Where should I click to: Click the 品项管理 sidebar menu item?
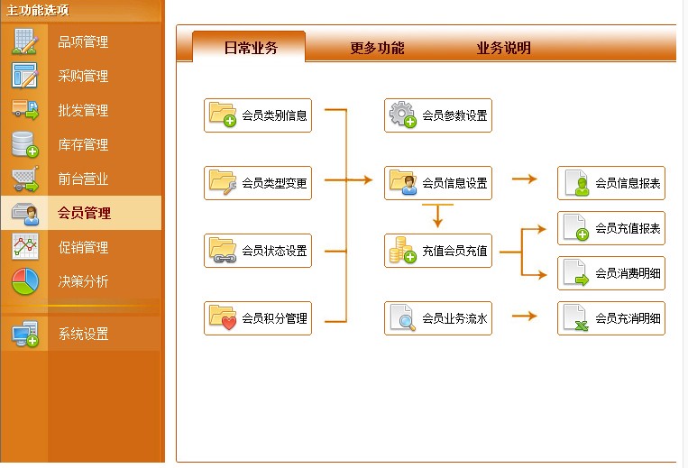coord(82,42)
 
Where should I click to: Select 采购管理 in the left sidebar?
coord(82,77)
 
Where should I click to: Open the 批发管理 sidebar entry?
coord(82,111)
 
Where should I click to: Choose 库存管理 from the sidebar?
coord(82,145)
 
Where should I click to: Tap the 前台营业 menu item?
coord(82,179)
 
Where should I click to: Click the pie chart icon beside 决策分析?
coord(25,281)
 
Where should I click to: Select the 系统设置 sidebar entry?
coord(82,335)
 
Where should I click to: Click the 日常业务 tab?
coord(250,48)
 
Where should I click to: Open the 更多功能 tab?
coord(377,48)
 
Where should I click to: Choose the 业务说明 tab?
coord(503,48)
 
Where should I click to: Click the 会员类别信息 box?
coord(258,115)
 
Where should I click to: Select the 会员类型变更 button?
coord(258,183)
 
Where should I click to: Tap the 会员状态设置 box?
coord(258,251)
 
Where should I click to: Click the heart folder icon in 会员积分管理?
coord(223,317)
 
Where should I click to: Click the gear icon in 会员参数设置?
coord(402,115)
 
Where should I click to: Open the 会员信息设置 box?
coord(438,183)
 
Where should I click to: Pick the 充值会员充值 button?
coord(438,251)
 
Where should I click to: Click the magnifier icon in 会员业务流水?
coord(402,317)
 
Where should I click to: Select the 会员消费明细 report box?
coord(611,273)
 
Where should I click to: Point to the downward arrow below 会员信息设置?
coord(437,216)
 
